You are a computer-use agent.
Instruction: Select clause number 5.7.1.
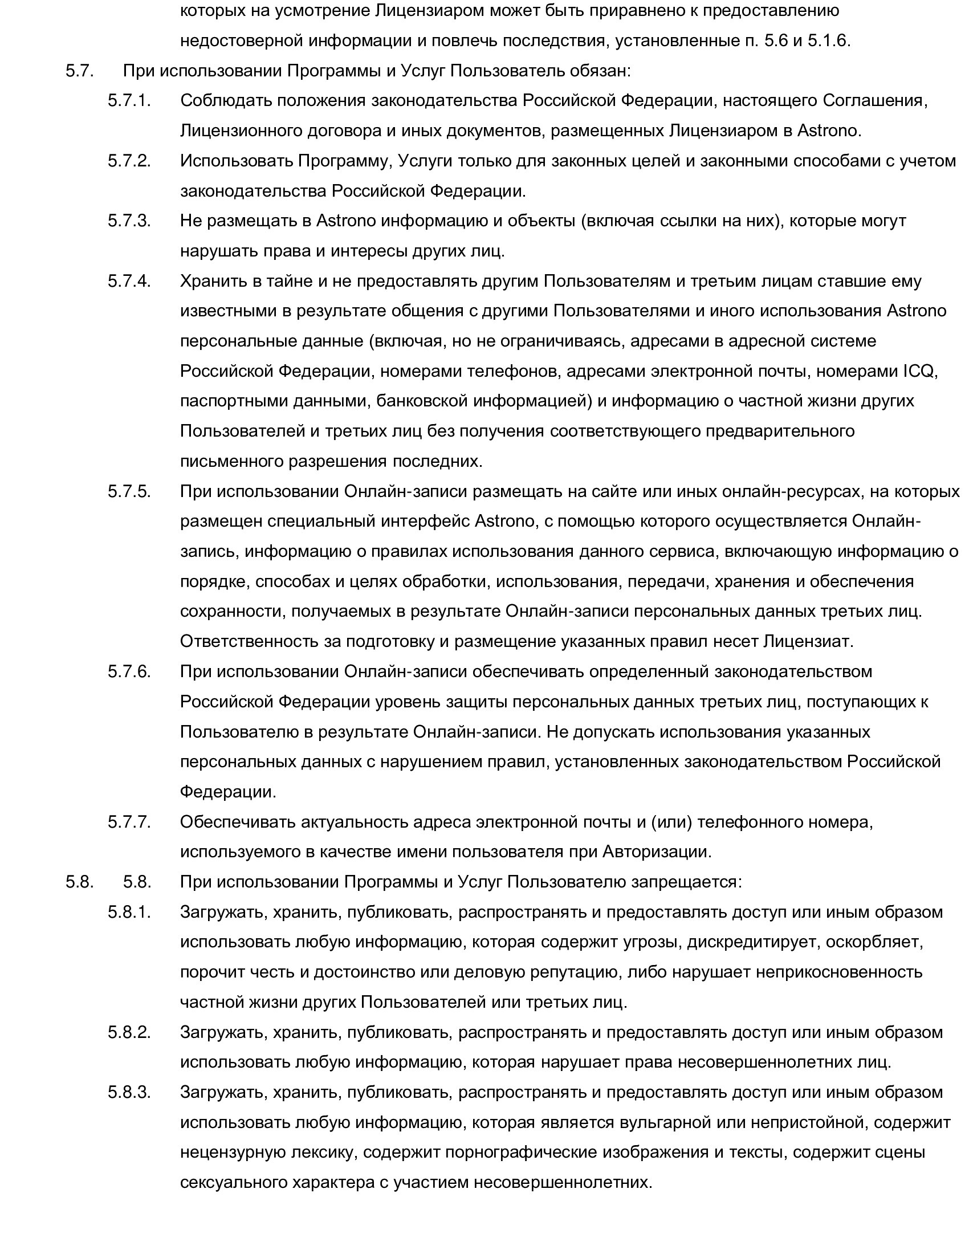point(129,100)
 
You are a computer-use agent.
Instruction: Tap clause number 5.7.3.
point(129,221)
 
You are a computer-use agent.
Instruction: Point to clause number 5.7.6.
point(129,672)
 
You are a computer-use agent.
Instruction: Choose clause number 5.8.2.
point(129,1032)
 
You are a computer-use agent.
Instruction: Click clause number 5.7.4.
point(129,282)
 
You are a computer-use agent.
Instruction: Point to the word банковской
point(421,401)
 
